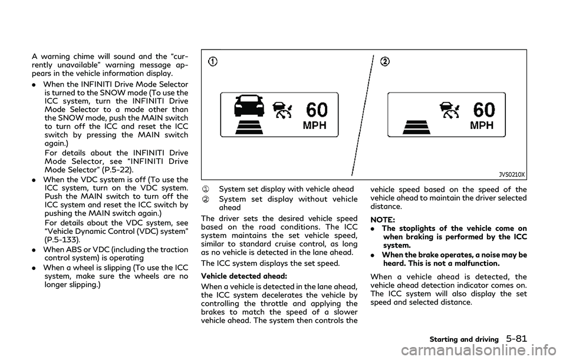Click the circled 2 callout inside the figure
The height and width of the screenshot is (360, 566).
click(x=384, y=62)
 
